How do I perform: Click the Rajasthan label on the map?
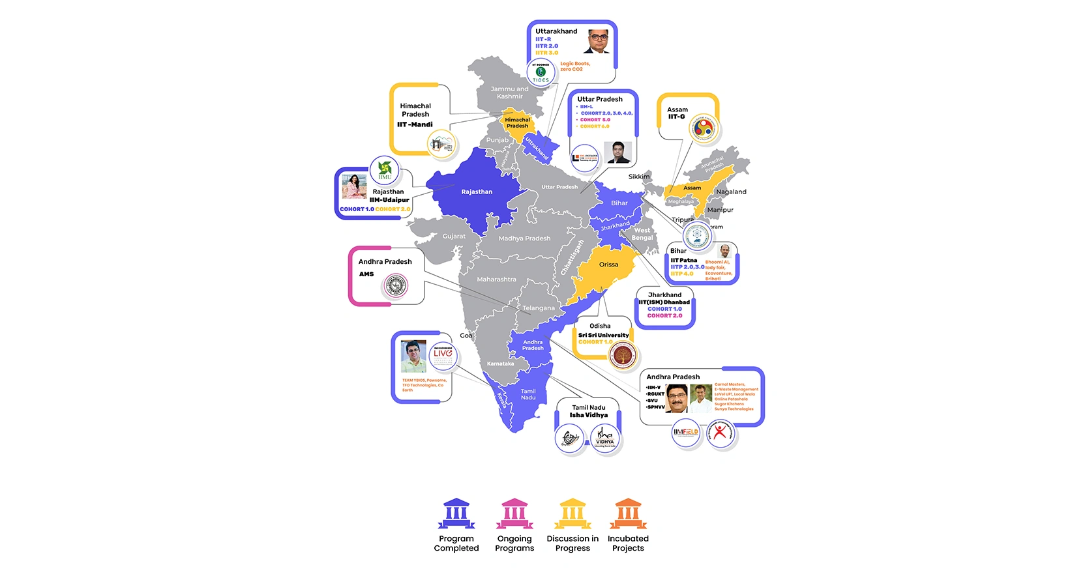[x=477, y=192]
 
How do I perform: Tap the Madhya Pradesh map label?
[x=524, y=238]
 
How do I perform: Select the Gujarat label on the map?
[x=454, y=236]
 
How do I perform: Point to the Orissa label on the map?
[x=608, y=265]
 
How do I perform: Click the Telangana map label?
[x=539, y=308]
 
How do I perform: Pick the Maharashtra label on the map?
[x=496, y=280]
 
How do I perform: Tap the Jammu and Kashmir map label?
[x=509, y=93]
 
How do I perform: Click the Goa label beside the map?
[x=466, y=336]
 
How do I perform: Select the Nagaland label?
[x=731, y=192]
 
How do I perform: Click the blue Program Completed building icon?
[x=456, y=514]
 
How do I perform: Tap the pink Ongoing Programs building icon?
[x=514, y=514]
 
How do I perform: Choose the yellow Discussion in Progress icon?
[x=572, y=514]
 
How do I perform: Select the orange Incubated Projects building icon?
[x=628, y=514]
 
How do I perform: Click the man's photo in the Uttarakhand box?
[x=597, y=41]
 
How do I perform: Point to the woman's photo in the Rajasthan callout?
[x=354, y=186]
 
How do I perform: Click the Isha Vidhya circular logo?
[x=605, y=437]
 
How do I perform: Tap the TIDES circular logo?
[x=541, y=72]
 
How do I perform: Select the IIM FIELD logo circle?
[x=686, y=432]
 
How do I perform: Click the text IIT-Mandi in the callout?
[x=415, y=124]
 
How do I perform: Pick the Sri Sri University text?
[x=603, y=335]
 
